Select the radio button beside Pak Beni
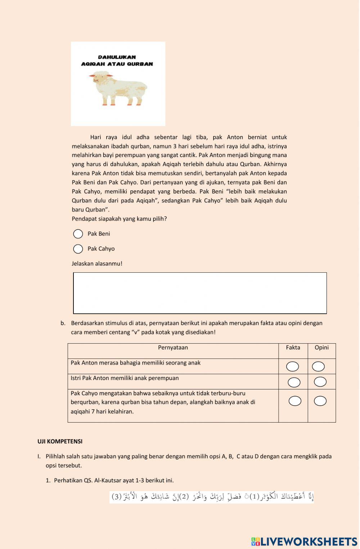point(78,234)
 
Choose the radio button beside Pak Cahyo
point(78,249)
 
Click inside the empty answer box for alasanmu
point(200,293)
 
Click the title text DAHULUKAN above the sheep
point(117,57)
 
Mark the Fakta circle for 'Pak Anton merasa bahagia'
point(293,367)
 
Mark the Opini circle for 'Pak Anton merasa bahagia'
point(318,366)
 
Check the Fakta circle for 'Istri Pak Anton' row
point(294,382)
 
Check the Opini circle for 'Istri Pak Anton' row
point(320,381)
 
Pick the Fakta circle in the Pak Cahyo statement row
point(295,401)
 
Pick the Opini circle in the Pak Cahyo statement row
point(320,401)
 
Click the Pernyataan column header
point(173,348)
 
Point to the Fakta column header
point(293,348)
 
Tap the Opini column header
point(321,348)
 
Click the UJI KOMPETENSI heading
point(60,441)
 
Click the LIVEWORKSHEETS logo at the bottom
point(304,541)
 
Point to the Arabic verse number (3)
point(117,497)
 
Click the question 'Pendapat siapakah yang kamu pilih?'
point(119,219)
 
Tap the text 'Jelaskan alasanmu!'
point(97,264)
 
